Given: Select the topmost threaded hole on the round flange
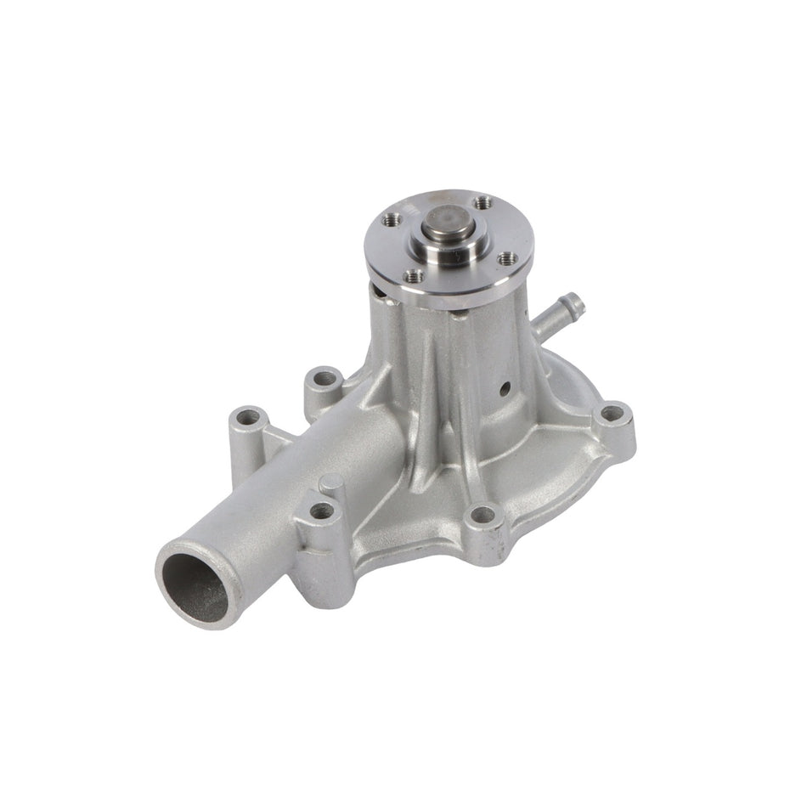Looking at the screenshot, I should (x=483, y=203).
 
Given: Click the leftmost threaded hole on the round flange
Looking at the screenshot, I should (x=392, y=220).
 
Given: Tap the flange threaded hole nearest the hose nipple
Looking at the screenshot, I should (x=507, y=257).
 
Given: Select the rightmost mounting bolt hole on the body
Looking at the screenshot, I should (x=611, y=415).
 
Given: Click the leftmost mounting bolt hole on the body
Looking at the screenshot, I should (x=249, y=418).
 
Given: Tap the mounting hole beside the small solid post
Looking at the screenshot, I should (x=322, y=511).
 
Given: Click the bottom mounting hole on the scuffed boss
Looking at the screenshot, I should (x=482, y=514).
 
